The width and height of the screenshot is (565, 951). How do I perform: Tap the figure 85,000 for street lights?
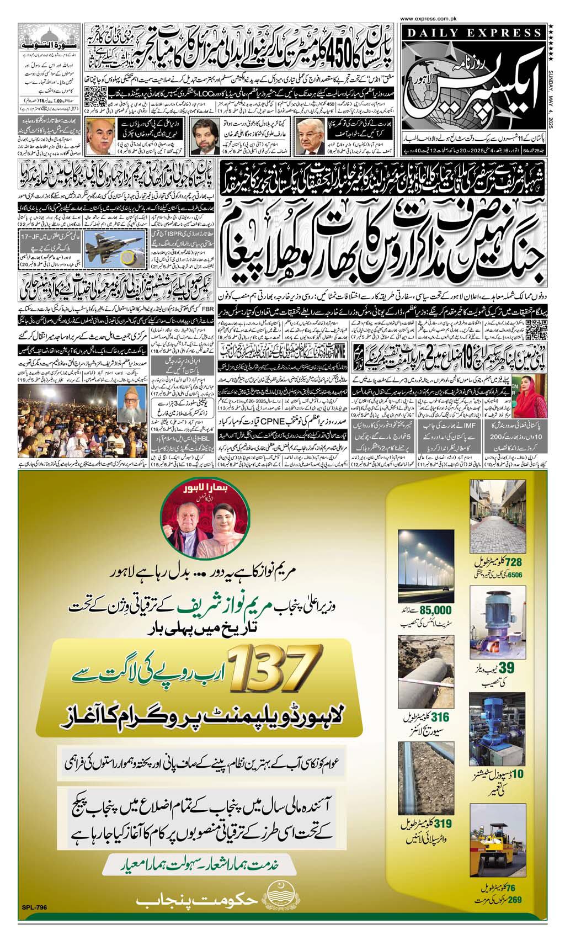(436, 610)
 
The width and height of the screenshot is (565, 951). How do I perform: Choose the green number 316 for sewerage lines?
(438, 718)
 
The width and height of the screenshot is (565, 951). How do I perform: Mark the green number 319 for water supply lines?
(438, 824)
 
